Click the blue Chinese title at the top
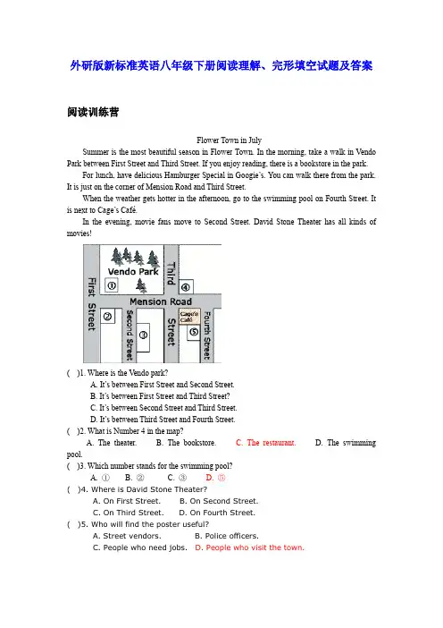221,65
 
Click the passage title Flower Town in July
229,140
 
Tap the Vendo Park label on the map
133,272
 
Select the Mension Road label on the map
161,301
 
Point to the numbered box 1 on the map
112,285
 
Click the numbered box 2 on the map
107,317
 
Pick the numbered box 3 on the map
143,335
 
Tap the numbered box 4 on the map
186,287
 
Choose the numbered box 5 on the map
194,332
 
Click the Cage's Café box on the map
189,317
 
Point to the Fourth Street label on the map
206,335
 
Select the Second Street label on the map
130,335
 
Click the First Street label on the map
92,304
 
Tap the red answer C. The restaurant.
265,443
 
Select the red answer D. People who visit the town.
249,547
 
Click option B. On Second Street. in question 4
219,501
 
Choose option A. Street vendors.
127,536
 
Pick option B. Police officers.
227,536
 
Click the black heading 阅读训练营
93,112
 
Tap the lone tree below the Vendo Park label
141,285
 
